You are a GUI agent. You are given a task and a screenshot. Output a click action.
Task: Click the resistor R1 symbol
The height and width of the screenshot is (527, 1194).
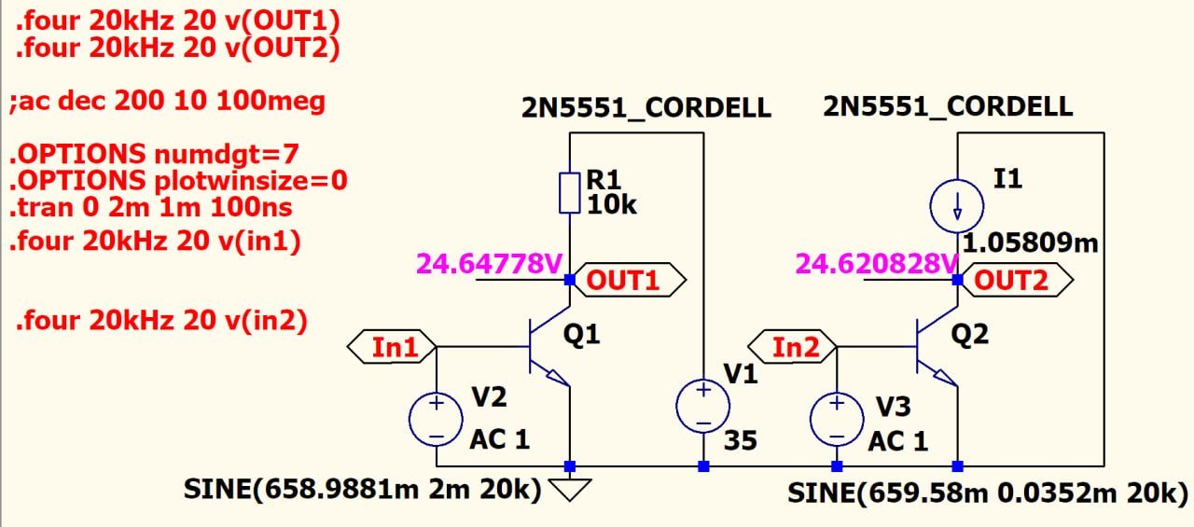pos(570,191)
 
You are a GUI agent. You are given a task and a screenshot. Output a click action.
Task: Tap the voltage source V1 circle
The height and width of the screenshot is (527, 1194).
pos(703,408)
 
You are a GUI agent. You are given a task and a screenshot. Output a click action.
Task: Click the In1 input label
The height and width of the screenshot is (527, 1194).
pos(392,347)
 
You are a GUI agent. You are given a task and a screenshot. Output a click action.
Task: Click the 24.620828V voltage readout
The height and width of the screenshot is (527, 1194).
pos(875,264)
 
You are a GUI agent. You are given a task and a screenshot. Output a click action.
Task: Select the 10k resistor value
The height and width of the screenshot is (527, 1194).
pos(611,204)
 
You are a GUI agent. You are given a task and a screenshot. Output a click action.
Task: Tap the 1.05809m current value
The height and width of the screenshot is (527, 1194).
pos(1030,244)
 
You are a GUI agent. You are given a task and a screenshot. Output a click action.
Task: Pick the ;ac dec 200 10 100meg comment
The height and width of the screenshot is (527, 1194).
pos(168,101)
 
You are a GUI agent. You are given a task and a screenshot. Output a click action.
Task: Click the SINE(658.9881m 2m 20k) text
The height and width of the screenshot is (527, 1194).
pos(363,489)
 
